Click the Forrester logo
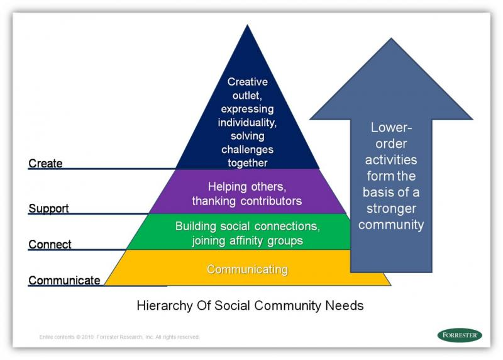click(x=460, y=335)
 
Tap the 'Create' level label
click(x=45, y=164)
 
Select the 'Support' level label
click(x=48, y=208)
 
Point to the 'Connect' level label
click(x=50, y=244)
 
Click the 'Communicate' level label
click(x=64, y=281)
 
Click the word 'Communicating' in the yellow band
click(x=247, y=269)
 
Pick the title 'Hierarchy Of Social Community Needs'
click(x=250, y=306)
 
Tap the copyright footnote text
click(x=119, y=337)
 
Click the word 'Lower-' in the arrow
click(x=392, y=127)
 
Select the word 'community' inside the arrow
click(x=392, y=225)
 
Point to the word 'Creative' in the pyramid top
click(x=248, y=82)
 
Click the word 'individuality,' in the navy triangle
click(x=248, y=122)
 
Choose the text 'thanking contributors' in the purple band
click(x=247, y=201)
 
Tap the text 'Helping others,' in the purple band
click(x=247, y=187)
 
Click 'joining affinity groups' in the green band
click(x=248, y=240)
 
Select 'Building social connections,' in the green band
click(x=248, y=226)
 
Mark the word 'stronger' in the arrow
click(x=392, y=208)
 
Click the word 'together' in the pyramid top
click(x=248, y=163)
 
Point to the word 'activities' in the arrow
click(x=392, y=160)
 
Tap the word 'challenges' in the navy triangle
click(x=248, y=149)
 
